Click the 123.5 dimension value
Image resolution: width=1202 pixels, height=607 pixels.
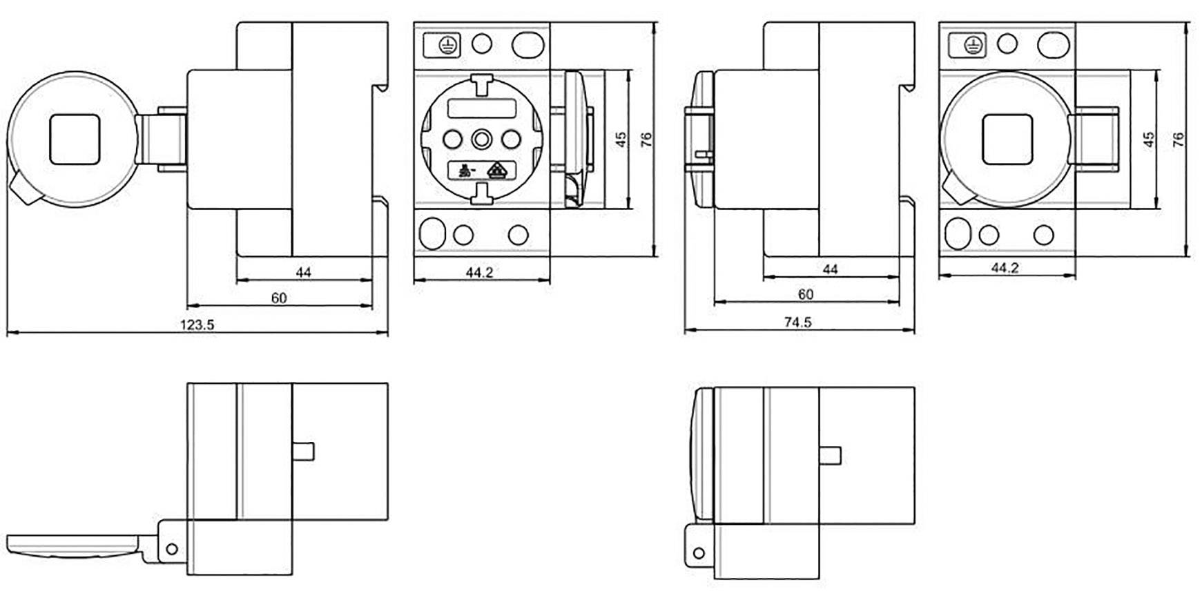[x=197, y=325]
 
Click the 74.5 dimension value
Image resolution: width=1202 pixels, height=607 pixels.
[x=797, y=322]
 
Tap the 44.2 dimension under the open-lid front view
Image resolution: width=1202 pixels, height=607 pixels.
[x=479, y=273]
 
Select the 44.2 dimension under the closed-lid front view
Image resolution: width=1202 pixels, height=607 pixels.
[x=1005, y=268]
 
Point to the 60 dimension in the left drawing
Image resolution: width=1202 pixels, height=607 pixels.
[x=278, y=298]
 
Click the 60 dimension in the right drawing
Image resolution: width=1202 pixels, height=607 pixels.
[x=805, y=294]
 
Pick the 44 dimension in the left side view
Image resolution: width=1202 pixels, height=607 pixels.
[x=303, y=272]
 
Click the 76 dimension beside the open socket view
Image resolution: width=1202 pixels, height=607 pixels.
[x=646, y=140]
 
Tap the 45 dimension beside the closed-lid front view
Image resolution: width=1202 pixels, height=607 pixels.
[x=1149, y=140]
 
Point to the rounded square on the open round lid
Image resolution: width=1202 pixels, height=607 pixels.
[x=75, y=140]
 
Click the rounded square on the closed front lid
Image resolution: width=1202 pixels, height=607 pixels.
[x=1007, y=140]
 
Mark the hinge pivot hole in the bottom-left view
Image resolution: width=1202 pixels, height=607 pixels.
[x=172, y=549]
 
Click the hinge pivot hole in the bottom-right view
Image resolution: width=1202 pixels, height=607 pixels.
[x=699, y=553]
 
